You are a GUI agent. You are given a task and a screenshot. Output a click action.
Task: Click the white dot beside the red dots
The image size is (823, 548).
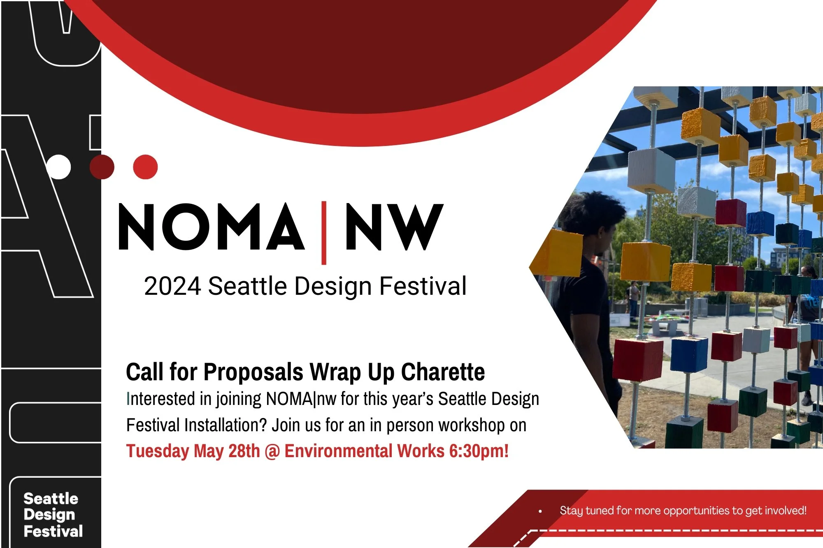(58, 167)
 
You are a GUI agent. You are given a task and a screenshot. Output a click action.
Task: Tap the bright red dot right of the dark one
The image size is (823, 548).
(145, 167)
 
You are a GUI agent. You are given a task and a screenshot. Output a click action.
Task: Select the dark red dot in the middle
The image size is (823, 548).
(102, 167)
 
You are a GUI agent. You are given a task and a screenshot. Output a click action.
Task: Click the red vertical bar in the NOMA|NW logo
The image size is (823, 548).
(324, 232)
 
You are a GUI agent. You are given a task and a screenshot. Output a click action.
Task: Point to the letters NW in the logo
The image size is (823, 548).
(394, 227)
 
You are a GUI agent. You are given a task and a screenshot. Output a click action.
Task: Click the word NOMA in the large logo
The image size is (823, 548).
(211, 227)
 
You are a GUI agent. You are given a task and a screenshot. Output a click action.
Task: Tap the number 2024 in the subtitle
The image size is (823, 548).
(172, 286)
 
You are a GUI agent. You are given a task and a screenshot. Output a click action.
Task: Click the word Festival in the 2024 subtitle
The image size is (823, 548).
(423, 286)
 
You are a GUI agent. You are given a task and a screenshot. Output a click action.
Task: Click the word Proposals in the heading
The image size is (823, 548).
(253, 372)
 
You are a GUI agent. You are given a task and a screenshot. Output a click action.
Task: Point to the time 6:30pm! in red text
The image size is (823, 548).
(479, 451)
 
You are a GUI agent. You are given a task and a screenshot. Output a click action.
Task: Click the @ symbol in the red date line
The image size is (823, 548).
(272, 451)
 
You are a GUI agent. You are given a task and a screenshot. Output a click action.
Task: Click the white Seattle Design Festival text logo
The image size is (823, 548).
(53, 515)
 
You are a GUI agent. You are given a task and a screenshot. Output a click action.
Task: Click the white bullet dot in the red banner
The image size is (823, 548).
(540, 511)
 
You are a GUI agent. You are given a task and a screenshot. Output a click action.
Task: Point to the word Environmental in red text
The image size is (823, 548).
(338, 451)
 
